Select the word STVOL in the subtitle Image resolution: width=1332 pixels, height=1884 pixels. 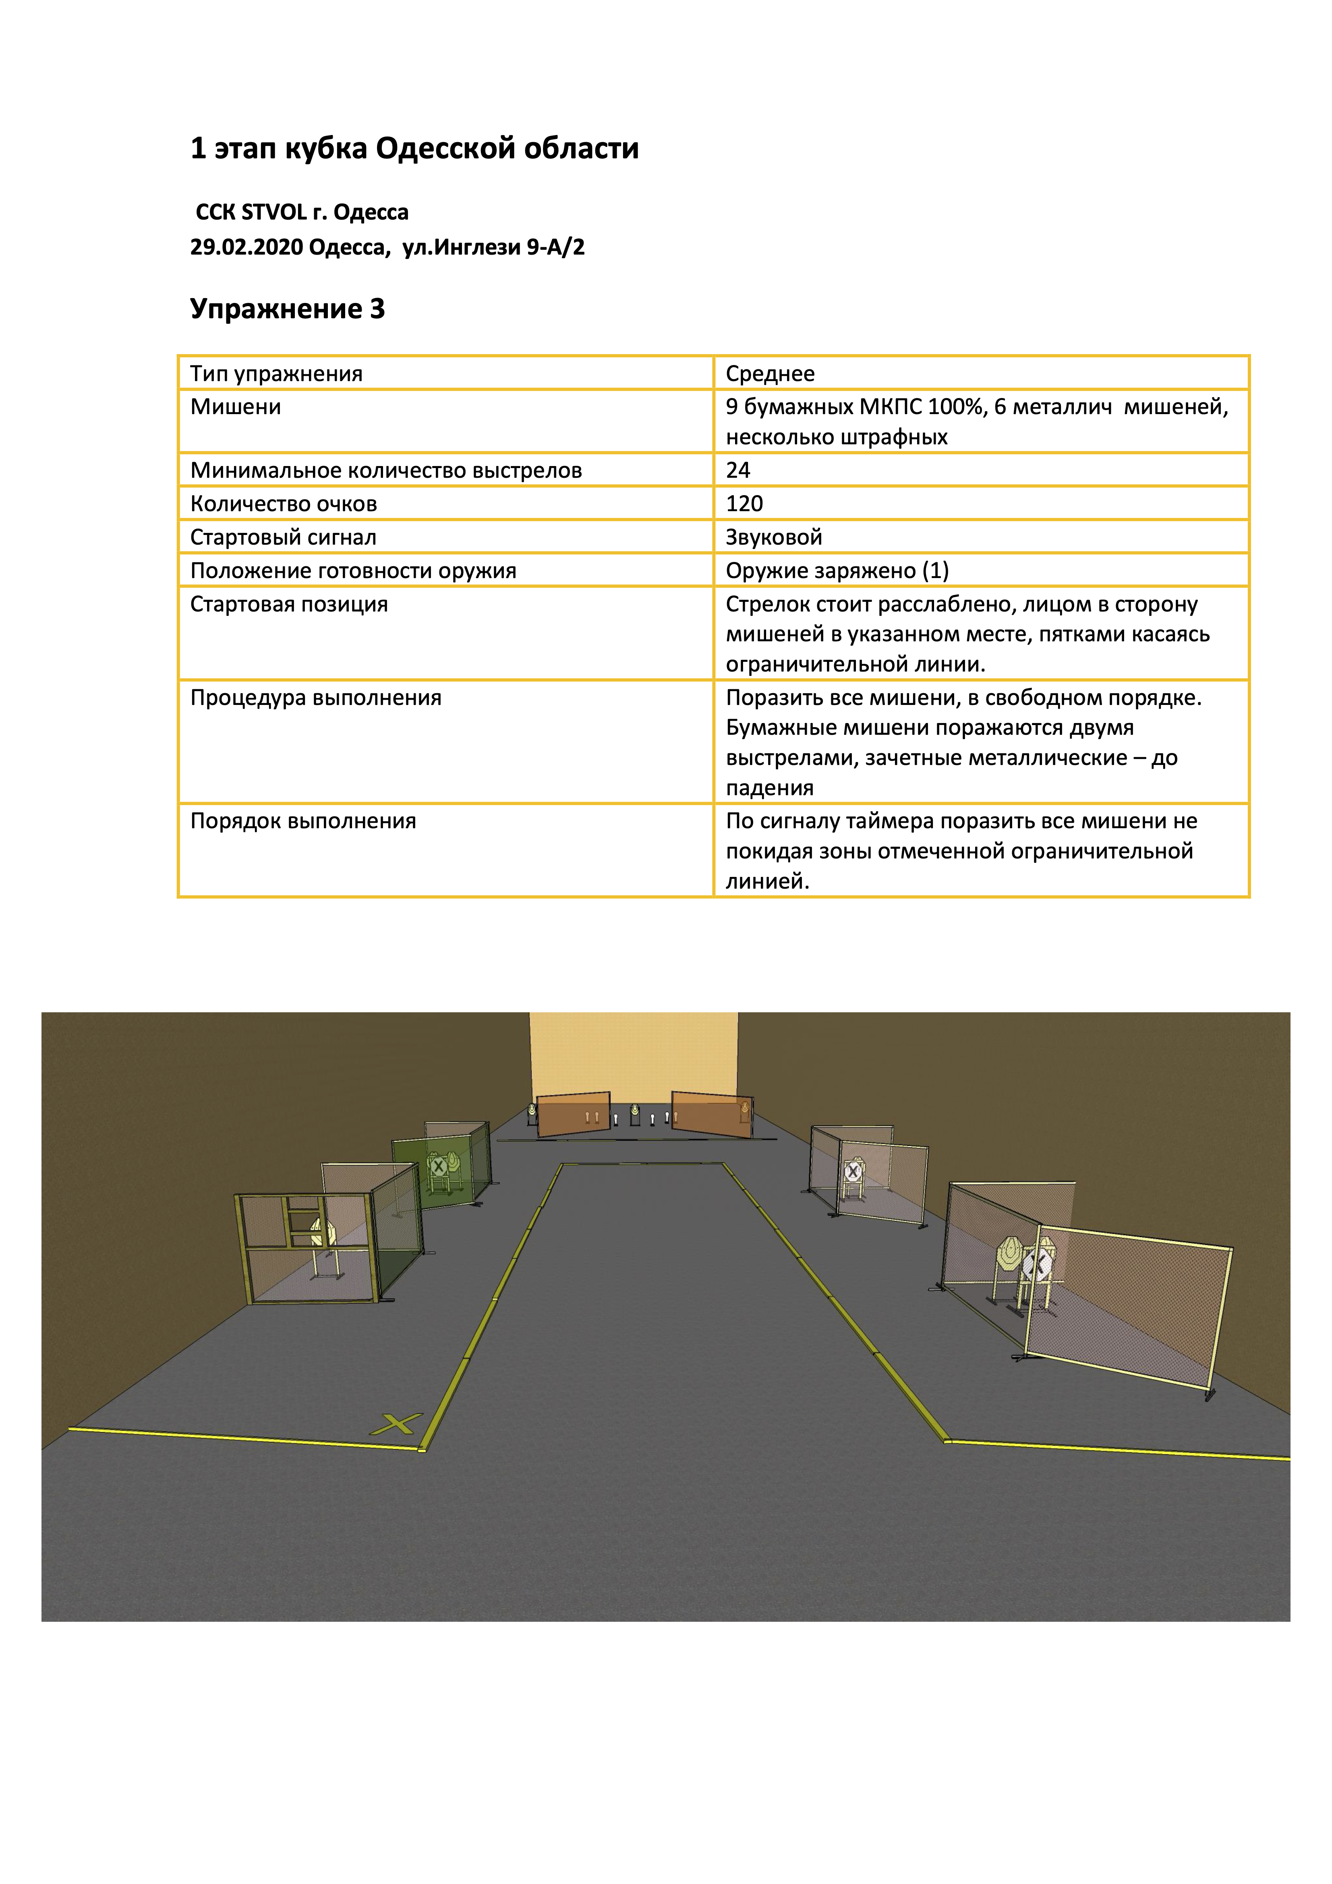pyautogui.click(x=274, y=213)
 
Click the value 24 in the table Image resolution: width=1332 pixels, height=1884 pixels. pyautogui.click(x=738, y=470)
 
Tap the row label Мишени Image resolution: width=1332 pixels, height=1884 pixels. pyautogui.click(x=236, y=407)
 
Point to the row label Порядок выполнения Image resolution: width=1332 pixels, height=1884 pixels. pyautogui.click(x=303, y=821)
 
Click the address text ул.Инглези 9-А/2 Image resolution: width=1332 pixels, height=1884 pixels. pyautogui.click(x=493, y=247)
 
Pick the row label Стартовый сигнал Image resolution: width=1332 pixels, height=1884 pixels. pyautogui.click(x=283, y=537)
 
